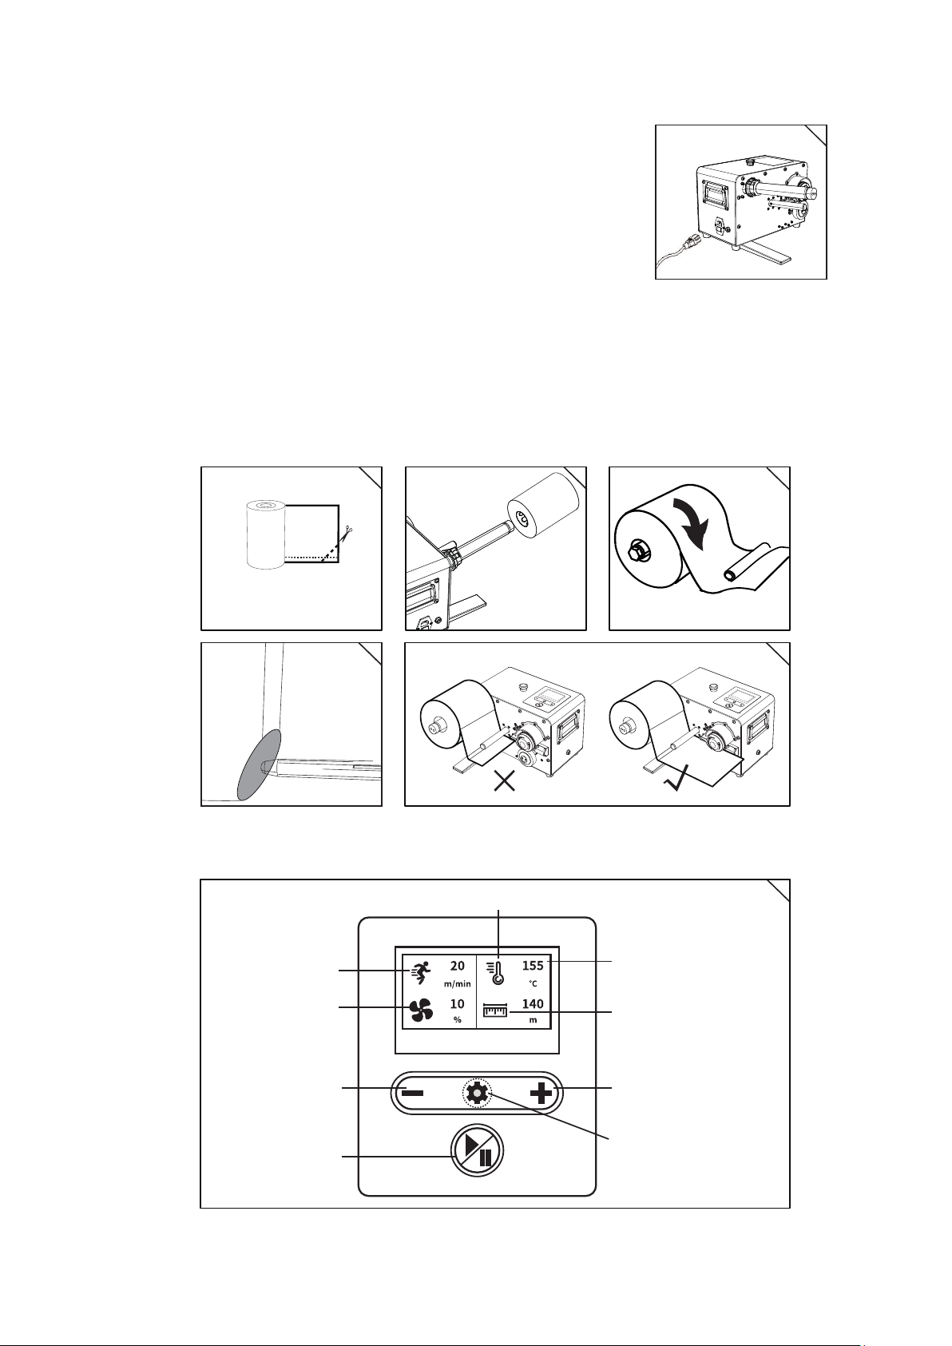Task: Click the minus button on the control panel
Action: coord(412,1093)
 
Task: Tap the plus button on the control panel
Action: coord(541,1093)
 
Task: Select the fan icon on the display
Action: coord(421,1010)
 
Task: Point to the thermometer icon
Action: coord(495,973)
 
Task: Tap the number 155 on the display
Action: coord(533,966)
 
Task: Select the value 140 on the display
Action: coord(533,1003)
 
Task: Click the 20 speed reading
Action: coord(457,966)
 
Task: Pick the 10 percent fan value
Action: coord(457,1003)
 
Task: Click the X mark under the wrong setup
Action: coord(504,782)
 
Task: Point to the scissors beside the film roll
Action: coord(347,532)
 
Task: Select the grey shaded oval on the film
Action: coord(260,764)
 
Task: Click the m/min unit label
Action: coord(457,983)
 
